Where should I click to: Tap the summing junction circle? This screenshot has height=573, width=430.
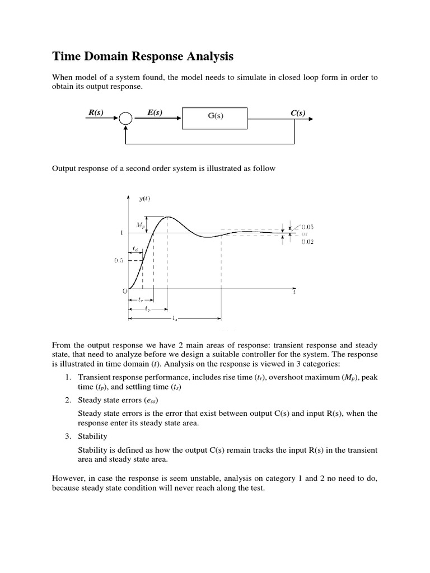(125, 119)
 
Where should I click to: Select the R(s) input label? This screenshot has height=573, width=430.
(96, 112)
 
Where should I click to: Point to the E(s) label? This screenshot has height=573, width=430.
(155, 112)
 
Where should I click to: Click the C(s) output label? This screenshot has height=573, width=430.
(298, 112)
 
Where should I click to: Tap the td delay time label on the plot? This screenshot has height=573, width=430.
(135, 248)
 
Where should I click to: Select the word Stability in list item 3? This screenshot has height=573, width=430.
(92, 436)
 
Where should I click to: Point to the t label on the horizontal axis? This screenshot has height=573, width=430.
(295, 292)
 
